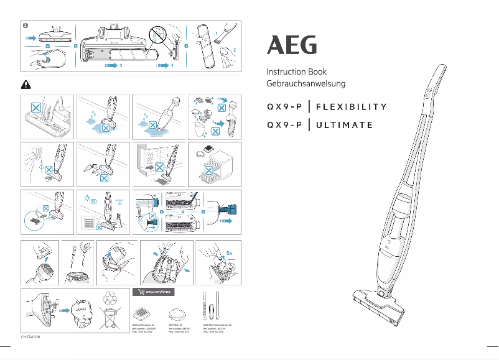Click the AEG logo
click(x=292, y=45)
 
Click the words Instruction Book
click(x=296, y=72)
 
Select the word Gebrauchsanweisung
click(x=305, y=83)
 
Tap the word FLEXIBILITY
click(x=352, y=106)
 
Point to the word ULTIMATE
click(x=345, y=124)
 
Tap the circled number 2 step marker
click(x=24, y=25)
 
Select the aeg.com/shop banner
click(x=154, y=292)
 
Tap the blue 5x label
click(x=229, y=253)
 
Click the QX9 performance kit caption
click(x=146, y=328)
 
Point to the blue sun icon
click(x=87, y=198)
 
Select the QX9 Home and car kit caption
click(x=218, y=328)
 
